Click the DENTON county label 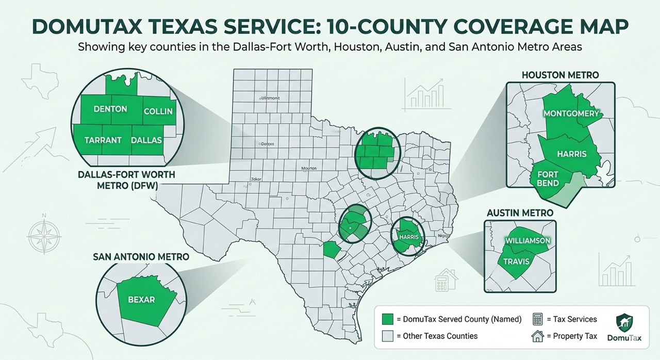tap(110, 109)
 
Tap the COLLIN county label tap(158, 111)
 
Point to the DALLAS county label tap(146, 140)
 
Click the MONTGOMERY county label tap(571, 113)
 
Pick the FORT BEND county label tap(548, 179)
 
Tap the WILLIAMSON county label tap(528, 241)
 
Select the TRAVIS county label tap(517, 261)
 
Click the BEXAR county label tap(141, 299)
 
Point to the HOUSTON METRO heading tap(560, 75)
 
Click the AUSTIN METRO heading tap(520, 212)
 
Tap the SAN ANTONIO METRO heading tap(141, 256)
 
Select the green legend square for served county tap(388, 319)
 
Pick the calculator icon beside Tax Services tap(537, 319)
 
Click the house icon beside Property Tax tap(538, 336)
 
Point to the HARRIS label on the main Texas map tap(409, 237)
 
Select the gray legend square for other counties tap(388, 336)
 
